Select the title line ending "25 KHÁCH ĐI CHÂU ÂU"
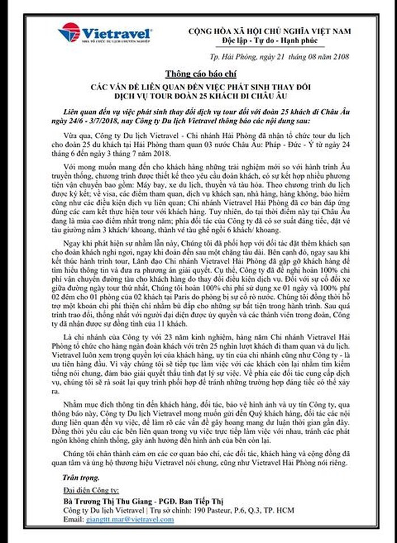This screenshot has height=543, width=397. tap(198, 96)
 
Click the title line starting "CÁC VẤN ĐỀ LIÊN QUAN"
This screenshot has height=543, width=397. tap(198, 86)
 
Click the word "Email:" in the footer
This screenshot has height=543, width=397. tap(73, 519)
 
